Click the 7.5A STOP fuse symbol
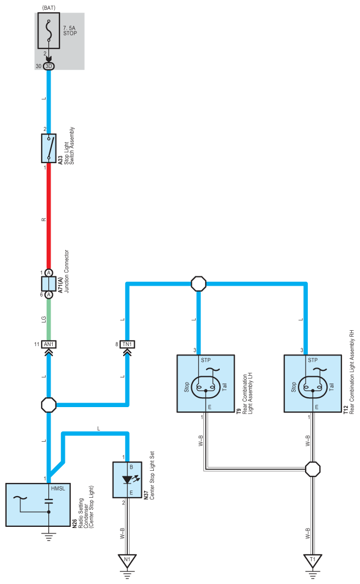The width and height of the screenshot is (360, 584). [48, 31]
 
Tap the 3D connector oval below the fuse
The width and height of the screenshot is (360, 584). [48, 66]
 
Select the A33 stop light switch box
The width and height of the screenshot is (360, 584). [48, 148]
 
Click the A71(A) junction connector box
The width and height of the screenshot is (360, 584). [48, 284]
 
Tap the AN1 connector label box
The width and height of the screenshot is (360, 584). [48, 344]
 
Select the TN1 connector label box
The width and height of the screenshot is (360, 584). [127, 344]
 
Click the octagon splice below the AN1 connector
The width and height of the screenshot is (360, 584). [48, 405]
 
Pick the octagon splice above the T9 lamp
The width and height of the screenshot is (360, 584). [198, 284]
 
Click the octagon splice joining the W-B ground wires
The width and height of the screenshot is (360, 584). [313, 469]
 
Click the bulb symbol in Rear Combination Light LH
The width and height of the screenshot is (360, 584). [206, 387]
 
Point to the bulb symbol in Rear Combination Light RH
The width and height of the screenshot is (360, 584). [313, 387]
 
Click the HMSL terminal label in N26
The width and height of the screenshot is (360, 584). [58, 488]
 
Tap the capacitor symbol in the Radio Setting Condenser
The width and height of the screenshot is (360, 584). [48, 501]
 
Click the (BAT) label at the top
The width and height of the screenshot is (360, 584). [49, 8]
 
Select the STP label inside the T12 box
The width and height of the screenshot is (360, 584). [313, 360]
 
